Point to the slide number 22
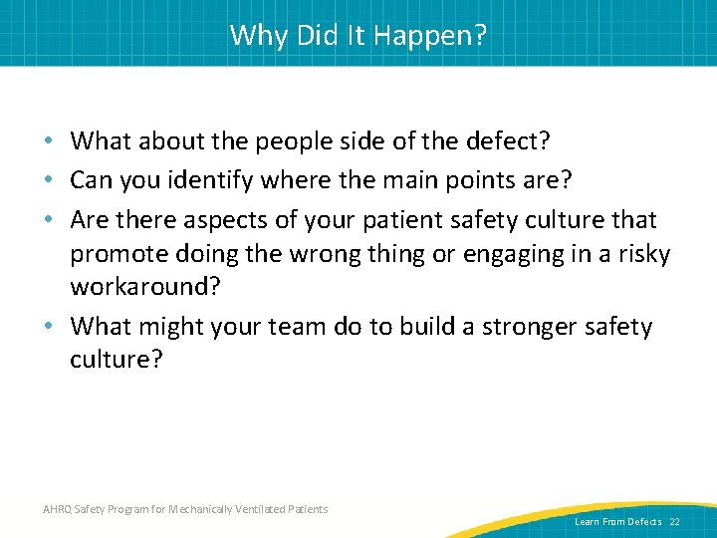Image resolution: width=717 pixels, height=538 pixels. pos(675,522)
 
